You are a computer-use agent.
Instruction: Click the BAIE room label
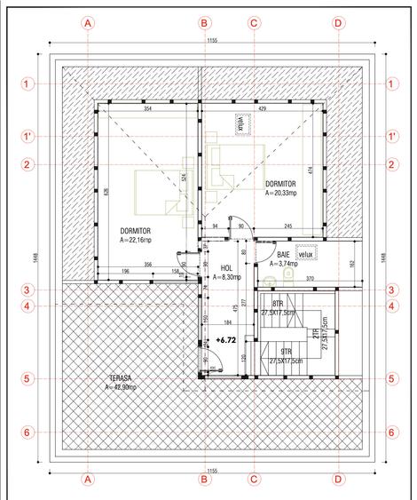click(x=270, y=253)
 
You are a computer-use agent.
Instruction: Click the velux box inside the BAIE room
click(x=306, y=254)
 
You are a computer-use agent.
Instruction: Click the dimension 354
click(x=147, y=108)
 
